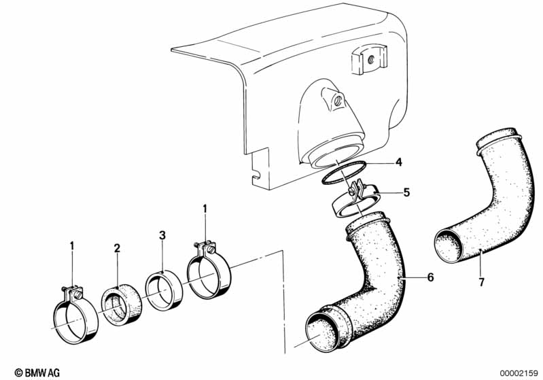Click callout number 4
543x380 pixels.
(x=399, y=161)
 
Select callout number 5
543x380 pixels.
(x=406, y=192)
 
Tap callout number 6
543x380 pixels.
(x=430, y=277)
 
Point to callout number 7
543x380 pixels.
(x=481, y=282)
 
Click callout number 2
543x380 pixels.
(x=117, y=248)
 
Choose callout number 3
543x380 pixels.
(x=162, y=235)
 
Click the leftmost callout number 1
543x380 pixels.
(x=72, y=246)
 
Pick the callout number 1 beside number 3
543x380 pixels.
(x=205, y=209)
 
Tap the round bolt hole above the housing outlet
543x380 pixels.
(x=338, y=101)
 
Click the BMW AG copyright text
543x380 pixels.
(x=37, y=373)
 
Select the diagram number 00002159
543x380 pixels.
(x=519, y=373)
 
